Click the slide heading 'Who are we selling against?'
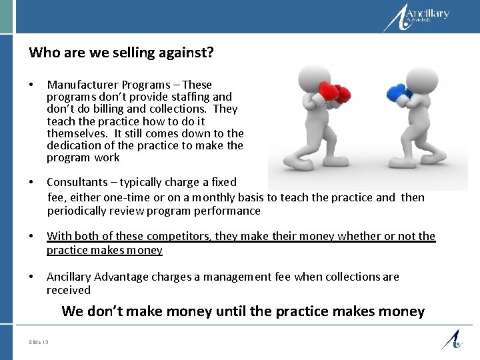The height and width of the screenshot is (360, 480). click(x=121, y=53)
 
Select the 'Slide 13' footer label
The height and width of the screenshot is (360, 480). click(x=39, y=343)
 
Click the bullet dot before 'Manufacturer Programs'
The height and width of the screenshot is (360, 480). click(x=31, y=85)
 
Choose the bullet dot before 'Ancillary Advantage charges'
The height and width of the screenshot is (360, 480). click(x=31, y=277)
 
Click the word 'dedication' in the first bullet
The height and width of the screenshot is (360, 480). click(x=75, y=145)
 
